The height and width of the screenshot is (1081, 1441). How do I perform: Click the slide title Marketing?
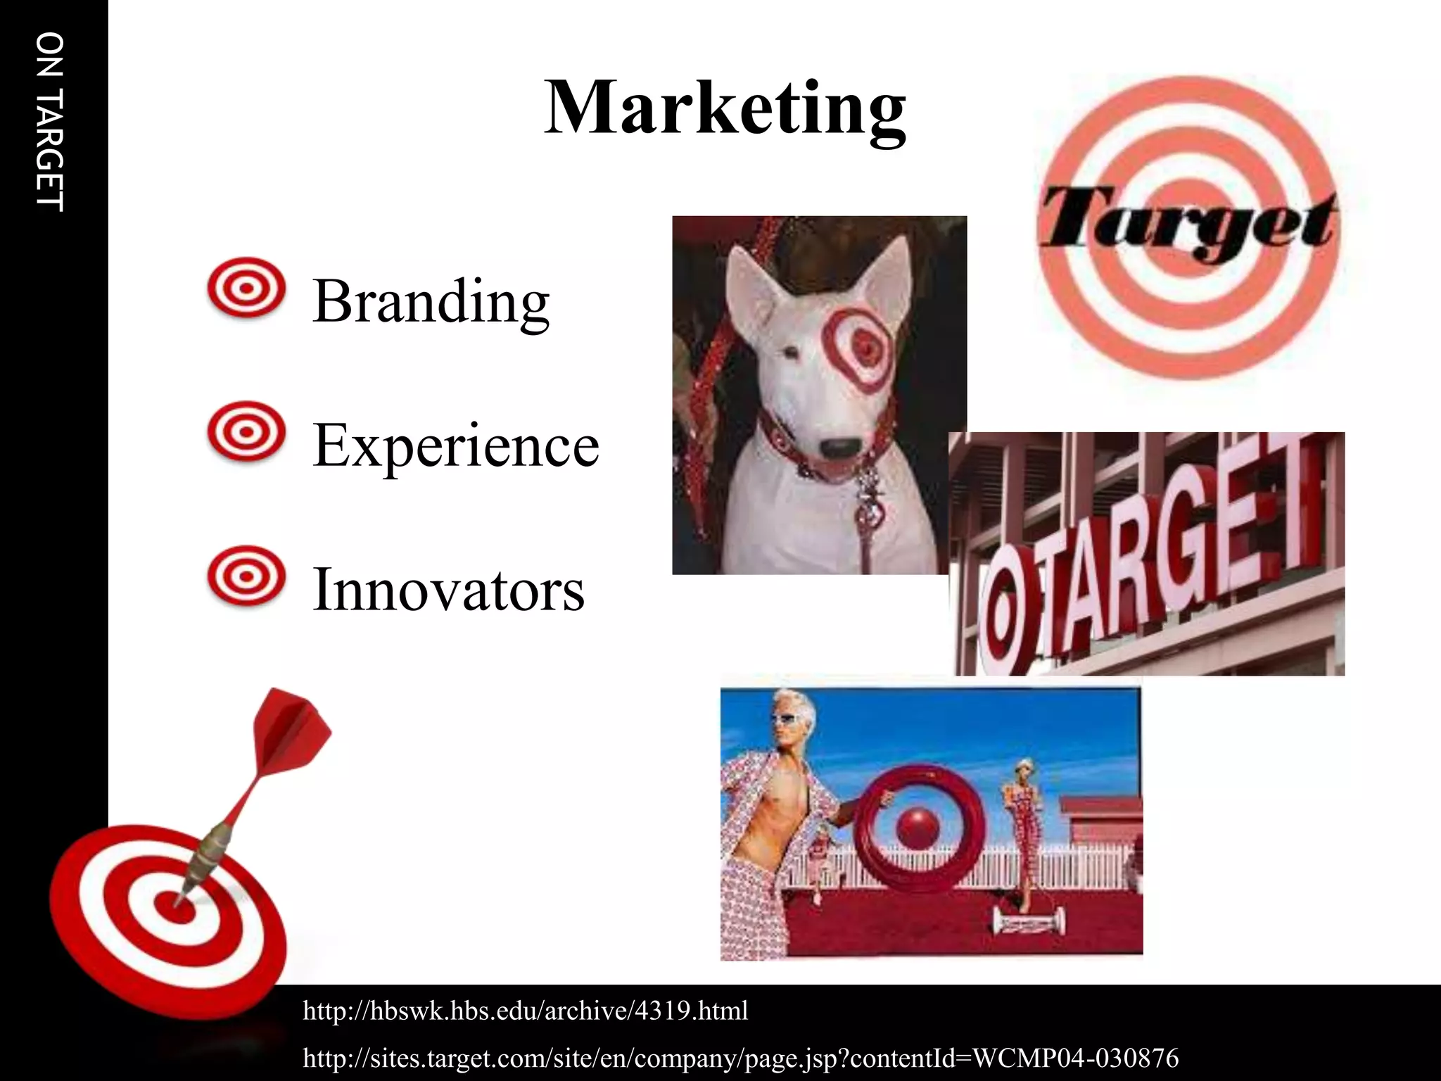point(725,109)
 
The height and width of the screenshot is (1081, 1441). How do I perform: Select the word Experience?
point(456,445)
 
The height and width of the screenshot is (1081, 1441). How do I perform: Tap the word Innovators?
point(448,589)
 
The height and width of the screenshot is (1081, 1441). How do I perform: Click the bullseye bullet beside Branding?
point(246,288)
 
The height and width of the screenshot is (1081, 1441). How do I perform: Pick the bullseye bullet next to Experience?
point(246,431)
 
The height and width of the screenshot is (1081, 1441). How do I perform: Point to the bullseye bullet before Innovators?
point(246,576)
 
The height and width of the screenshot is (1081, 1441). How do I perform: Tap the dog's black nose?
point(841,447)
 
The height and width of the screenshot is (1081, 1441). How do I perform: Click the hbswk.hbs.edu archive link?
point(525,1011)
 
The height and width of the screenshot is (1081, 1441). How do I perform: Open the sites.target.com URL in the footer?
point(740,1058)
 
